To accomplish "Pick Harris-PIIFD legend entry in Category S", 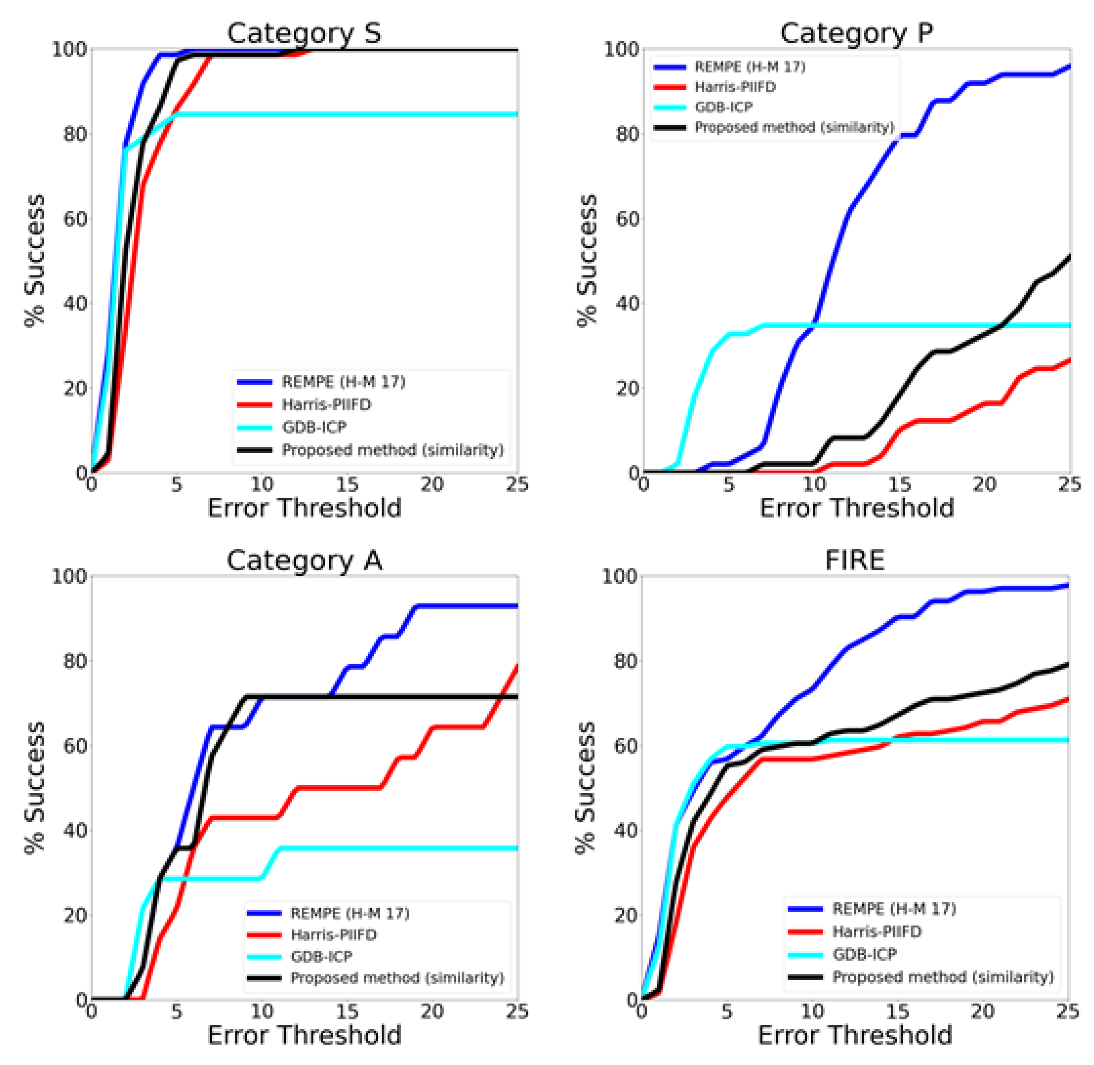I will coord(326,404).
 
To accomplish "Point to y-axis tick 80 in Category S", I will coord(75,134).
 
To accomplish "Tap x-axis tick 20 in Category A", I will coord(432,1011).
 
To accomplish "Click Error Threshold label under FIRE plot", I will coord(855,1035).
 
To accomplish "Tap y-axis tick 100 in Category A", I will coord(69,576).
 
